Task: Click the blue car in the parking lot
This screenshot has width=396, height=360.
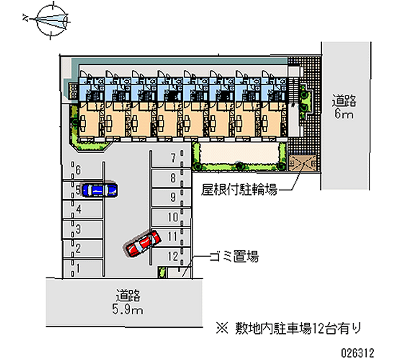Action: point(99,190)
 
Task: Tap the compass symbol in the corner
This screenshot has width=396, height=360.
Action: point(51,19)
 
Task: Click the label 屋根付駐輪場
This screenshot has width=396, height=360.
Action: point(239,190)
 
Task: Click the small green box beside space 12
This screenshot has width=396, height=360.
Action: point(160,272)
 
